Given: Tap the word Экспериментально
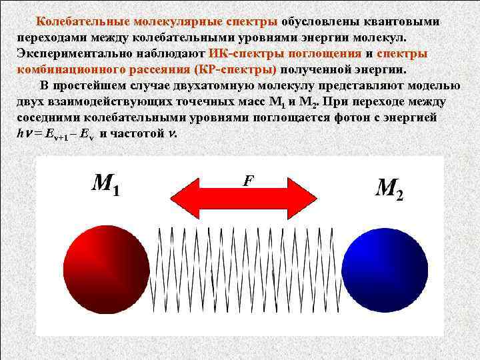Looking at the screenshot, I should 83,53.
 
